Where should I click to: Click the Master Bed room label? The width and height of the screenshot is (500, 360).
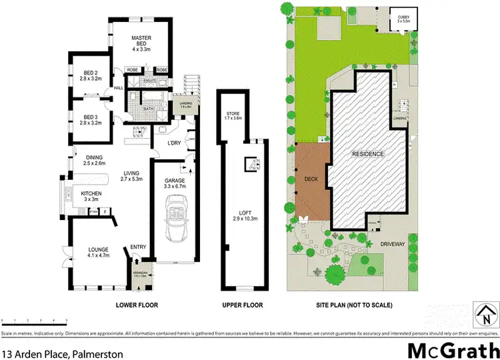(142, 42)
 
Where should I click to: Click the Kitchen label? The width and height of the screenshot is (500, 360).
(91, 195)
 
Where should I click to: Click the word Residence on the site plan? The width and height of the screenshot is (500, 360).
(368, 154)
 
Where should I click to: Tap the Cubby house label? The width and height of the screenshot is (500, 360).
(403, 19)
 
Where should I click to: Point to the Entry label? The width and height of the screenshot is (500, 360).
(138, 247)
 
